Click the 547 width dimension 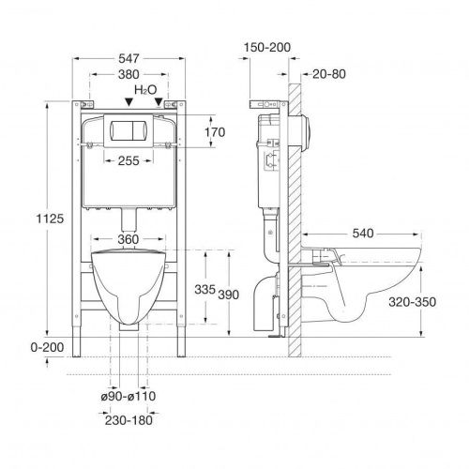click(129, 58)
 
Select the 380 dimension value click(129, 75)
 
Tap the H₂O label click(145, 90)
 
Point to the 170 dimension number click(215, 132)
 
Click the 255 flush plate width click(129, 161)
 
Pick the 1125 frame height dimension click(50, 219)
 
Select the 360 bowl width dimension click(129, 239)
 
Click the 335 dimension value click(204, 289)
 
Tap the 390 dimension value click(229, 295)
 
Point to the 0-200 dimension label click(47, 347)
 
